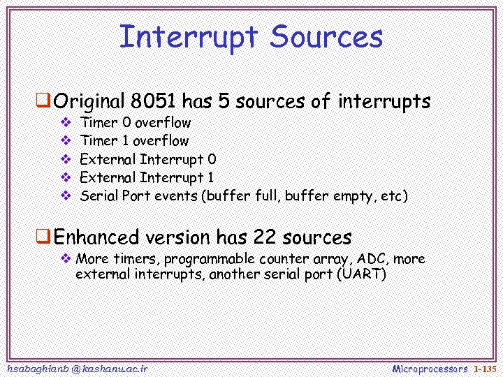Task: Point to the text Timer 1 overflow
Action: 135,141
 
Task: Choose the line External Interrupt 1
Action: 147,177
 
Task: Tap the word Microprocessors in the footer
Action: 430,368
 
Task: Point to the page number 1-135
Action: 484,368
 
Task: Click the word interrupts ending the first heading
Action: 384,102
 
